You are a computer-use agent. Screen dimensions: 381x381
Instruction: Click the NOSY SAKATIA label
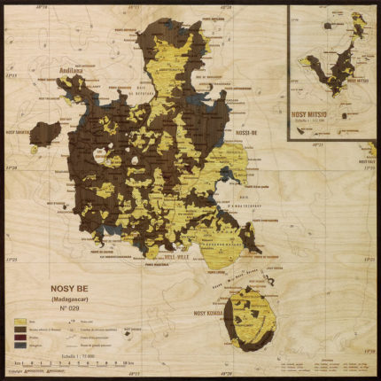click(x=22, y=133)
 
